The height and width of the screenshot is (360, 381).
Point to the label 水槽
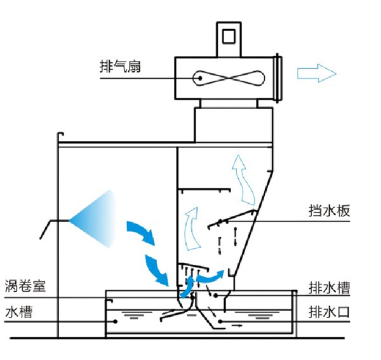17,312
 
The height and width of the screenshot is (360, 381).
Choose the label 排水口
328,312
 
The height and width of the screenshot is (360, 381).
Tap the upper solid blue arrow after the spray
140,232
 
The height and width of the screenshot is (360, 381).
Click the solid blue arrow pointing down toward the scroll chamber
156,268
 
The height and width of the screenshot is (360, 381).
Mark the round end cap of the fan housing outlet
278,78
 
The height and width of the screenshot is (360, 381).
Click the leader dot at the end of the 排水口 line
222,322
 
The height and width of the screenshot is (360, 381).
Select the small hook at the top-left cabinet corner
60,135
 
